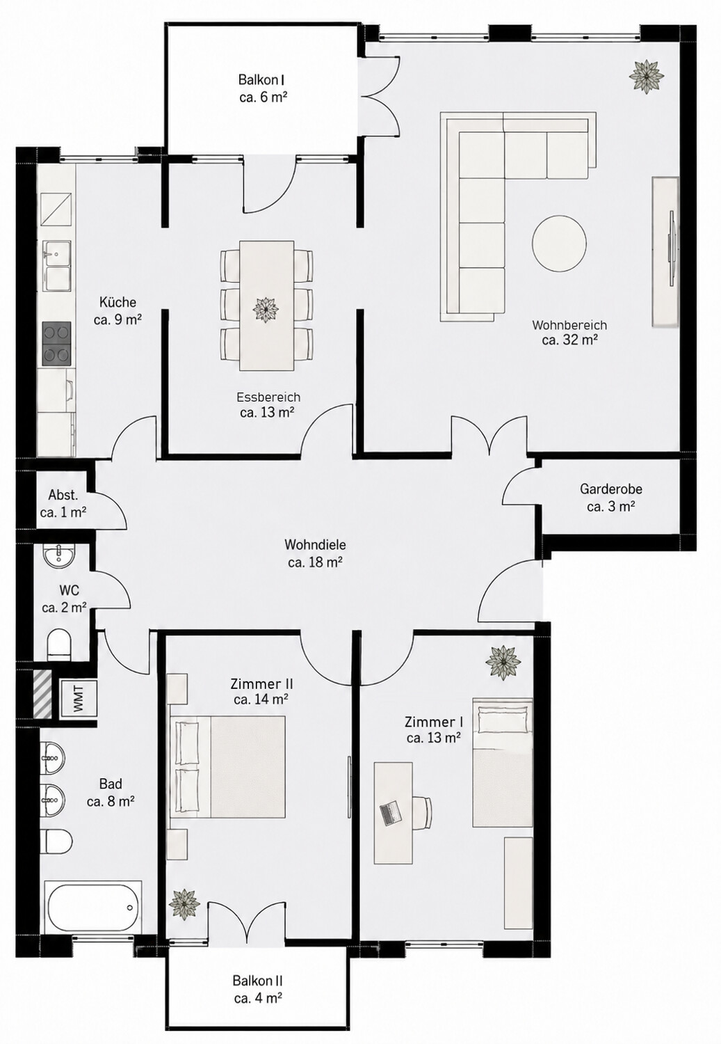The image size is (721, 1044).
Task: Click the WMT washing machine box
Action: coord(79,699)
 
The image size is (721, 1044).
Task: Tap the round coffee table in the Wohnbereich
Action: coord(559,243)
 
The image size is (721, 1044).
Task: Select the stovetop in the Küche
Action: coord(57,343)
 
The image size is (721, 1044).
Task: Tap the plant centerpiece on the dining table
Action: coord(266,309)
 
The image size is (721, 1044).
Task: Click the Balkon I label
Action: coord(262,79)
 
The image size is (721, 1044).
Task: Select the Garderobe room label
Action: coord(610,489)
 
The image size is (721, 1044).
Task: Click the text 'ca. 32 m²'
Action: coord(569,340)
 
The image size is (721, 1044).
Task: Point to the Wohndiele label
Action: coord(315,544)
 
